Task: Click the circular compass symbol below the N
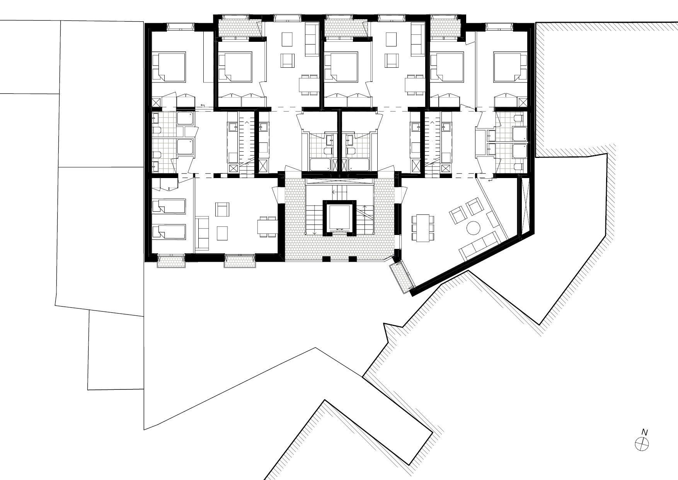642,444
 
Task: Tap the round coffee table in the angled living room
473,228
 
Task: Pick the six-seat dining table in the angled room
422,228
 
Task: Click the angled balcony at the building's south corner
402,278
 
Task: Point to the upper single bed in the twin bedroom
169,206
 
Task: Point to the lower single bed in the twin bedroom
169,231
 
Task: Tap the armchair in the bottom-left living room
222,209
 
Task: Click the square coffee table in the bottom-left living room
223,233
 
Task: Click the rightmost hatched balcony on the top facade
446,27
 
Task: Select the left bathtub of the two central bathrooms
320,165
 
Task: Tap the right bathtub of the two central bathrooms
359,165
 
